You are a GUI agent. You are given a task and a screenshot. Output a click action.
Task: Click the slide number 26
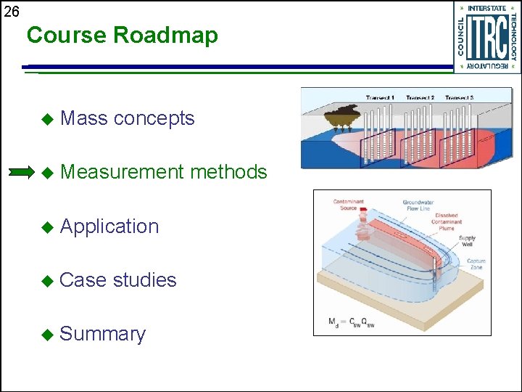(11, 12)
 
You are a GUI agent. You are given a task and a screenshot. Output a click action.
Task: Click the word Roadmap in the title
(171, 36)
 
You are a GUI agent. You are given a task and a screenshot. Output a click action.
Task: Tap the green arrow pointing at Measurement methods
(21, 172)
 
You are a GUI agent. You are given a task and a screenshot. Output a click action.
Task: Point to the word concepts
(154, 119)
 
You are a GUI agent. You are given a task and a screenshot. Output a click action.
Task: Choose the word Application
(109, 226)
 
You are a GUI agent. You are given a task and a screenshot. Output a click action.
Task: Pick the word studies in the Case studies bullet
(145, 279)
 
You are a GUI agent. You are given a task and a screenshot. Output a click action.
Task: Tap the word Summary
(103, 334)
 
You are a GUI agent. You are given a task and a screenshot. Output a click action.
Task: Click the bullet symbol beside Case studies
(49, 280)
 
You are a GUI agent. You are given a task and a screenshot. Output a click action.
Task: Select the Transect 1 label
(380, 97)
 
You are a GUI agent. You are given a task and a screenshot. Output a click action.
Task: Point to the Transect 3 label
(459, 97)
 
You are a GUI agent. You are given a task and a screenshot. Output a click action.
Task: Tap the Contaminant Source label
(349, 205)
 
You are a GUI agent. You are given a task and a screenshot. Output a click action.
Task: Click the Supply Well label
(467, 241)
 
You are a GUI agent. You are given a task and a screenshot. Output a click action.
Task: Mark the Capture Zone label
(476, 264)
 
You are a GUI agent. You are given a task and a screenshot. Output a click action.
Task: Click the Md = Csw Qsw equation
(352, 322)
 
